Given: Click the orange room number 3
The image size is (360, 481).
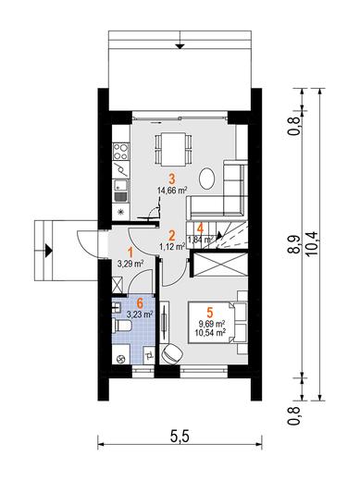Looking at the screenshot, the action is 172,179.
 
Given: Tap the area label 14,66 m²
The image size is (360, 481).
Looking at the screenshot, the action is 172,191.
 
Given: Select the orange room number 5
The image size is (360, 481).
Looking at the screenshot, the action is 210,313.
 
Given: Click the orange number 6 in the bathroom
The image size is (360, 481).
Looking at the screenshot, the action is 140,303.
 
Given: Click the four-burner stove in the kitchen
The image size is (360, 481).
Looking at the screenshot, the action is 120,152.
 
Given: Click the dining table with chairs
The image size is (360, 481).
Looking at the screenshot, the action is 174,149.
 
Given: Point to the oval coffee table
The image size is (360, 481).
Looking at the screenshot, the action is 207,179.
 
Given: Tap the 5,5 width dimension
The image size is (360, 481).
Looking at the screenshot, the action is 180,437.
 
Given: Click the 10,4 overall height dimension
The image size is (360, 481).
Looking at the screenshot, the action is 313,243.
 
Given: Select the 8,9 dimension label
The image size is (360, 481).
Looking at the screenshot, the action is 294,244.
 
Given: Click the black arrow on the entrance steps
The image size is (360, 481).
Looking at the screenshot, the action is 49,251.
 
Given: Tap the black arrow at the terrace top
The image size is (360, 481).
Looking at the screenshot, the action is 180,46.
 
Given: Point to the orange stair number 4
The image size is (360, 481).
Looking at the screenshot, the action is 200,228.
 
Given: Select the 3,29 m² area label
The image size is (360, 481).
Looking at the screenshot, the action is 130,264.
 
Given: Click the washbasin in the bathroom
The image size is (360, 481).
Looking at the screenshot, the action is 117,308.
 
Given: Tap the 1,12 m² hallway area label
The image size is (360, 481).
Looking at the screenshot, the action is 172,246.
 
